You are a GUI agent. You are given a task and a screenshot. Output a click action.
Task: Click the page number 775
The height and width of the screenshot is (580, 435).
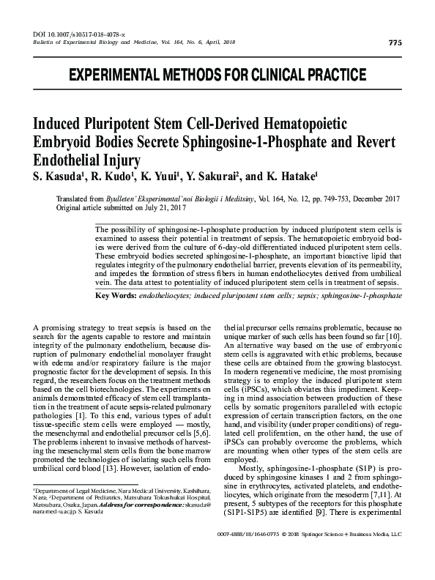(395, 42)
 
